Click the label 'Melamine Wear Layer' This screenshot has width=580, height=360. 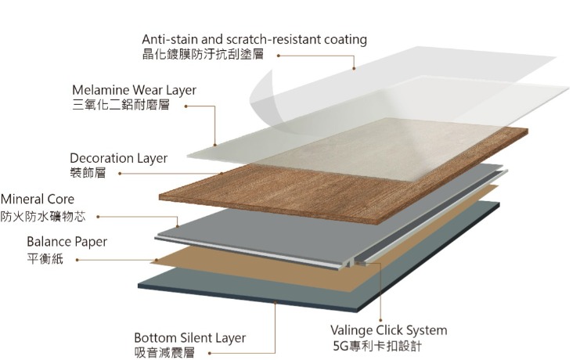pyautogui.click(x=134, y=90)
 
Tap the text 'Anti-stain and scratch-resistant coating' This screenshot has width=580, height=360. pyautogui.click(x=254, y=39)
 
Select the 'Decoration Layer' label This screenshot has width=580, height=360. pyautogui.click(x=118, y=158)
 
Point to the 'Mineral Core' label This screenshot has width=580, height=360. pyautogui.click(x=38, y=200)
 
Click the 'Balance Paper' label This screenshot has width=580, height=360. pyautogui.click(x=67, y=242)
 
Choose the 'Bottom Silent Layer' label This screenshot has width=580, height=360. pyautogui.click(x=189, y=338)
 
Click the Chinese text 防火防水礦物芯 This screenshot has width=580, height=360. pyautogui.click(x=43, y=216)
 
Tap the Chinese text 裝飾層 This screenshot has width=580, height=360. pyautogui.click(x=87, y=174)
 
